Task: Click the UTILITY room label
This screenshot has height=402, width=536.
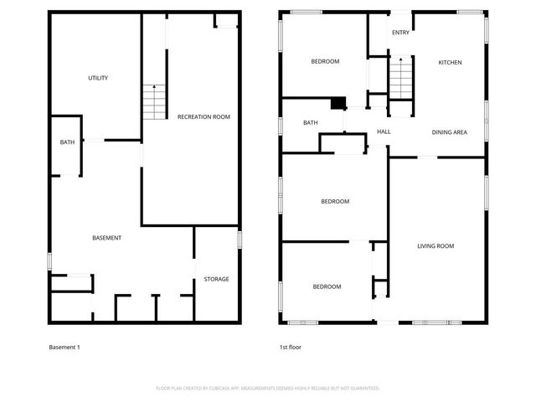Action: coord(98,78)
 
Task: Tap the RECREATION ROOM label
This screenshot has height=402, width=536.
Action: coord(204,116)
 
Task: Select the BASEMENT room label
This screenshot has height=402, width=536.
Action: coord(106,238)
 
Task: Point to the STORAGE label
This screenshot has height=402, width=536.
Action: coord(216,279)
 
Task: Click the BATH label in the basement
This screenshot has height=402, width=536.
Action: coord(67,142)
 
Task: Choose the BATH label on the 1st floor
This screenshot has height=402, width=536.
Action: coord(310,123)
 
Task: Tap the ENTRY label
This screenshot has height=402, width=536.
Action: coord(401,33)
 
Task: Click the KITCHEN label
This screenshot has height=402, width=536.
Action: coord(450,63)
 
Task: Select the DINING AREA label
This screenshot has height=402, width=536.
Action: coord(449,132)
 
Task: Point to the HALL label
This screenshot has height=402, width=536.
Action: coord(384,131)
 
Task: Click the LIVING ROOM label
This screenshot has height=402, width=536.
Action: coord(435,245)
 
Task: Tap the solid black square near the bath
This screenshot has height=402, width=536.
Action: coord(338,104)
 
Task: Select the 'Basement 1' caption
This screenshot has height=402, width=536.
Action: coord(64,347)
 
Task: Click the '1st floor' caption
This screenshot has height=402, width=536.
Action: coord(290,347)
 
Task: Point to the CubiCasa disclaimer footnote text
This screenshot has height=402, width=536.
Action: coord(268,388)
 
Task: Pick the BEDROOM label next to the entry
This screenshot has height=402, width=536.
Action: coord(325,61)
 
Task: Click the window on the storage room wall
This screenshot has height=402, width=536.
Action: coord(240,240)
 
